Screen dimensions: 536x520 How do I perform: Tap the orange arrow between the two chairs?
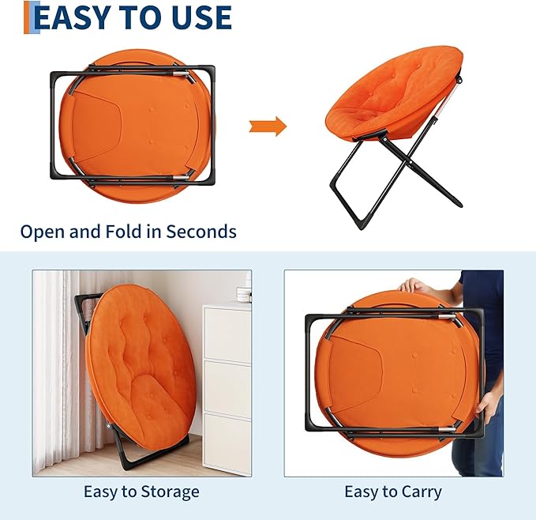(x=268, y=126)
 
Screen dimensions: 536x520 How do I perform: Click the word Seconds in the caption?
(x=201, y=232)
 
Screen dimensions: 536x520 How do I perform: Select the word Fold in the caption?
(x=123, y=232)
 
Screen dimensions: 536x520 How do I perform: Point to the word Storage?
(x=171, y=492)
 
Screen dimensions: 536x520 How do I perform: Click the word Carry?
(x=422, y=492)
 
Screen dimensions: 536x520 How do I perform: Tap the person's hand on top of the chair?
(x=413, y=285)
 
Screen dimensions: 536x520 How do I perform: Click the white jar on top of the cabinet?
(x=244, y=295)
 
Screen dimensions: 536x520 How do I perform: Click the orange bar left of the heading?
(x=27, y=17)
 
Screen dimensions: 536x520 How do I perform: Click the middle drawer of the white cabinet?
(x=227, y=387)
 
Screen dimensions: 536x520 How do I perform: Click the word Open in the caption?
(x=43, y=232)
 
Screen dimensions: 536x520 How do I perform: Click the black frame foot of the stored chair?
(x=151, y=451)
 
